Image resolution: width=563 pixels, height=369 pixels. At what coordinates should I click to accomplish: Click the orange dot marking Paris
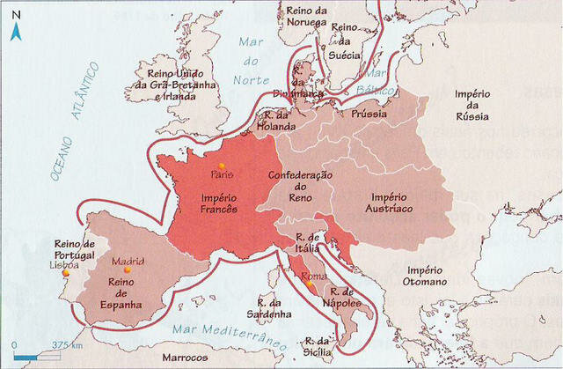click(x=222, y=166)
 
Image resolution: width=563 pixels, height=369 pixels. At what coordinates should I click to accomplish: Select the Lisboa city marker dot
click(x=64, y=273)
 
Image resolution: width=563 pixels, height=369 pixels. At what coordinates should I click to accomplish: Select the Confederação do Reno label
click(x=300, y=187)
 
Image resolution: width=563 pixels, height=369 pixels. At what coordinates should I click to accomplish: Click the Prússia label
click(x=370, y=115)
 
